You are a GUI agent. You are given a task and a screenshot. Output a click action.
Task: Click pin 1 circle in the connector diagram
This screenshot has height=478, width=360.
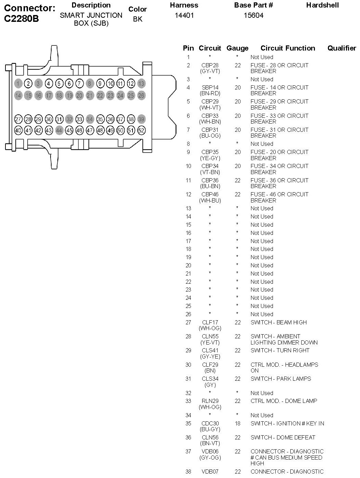[18, 83]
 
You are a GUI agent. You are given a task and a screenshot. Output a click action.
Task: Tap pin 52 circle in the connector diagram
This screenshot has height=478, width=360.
[141, 130]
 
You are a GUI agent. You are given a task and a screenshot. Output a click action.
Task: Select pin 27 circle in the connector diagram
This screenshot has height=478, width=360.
[18, 119]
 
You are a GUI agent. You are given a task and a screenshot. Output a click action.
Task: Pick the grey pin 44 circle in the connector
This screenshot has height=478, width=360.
[59, 130]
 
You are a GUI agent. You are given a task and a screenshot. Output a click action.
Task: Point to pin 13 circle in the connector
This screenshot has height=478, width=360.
[141, 83]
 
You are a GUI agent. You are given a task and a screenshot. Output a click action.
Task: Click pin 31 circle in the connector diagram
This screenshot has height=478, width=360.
[59, 119]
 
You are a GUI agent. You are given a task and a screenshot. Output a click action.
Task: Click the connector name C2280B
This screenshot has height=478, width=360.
[21, 19]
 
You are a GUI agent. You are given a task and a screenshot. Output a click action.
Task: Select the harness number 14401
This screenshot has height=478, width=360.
[184, 15]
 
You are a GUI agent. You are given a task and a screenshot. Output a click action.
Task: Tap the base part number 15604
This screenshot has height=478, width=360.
[253, 15]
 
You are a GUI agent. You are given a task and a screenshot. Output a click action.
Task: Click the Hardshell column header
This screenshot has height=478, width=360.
[322, 5]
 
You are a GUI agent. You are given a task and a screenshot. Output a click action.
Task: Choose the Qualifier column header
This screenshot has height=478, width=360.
[342, 48]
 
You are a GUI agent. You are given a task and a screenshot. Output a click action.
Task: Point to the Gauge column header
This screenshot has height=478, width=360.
[237, 48]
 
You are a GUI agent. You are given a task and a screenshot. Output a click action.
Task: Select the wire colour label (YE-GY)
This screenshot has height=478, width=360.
[210, 158]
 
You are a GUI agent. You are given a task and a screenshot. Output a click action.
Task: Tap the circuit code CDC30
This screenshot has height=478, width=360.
[210, 424]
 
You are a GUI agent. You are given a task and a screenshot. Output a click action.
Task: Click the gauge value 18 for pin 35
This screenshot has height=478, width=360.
[237, 424]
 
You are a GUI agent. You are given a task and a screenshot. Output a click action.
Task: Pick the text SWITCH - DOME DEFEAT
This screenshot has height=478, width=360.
[283, 437]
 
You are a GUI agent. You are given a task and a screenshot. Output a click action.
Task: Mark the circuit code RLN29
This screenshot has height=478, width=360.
[210, 401]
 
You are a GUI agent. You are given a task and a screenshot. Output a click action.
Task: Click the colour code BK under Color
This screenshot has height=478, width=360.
[138, 19]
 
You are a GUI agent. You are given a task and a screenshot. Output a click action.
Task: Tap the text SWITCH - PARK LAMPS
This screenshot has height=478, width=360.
[281, 379]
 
